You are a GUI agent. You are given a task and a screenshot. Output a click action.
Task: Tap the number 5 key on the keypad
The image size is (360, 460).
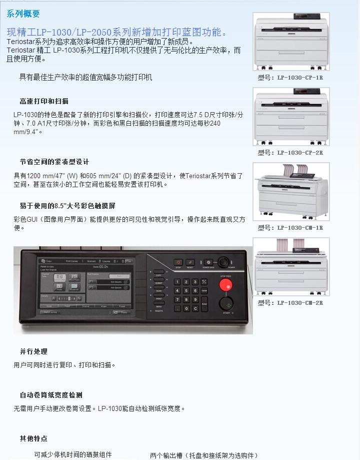coord(186,291)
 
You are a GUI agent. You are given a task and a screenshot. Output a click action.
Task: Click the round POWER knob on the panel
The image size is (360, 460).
coord(223,261)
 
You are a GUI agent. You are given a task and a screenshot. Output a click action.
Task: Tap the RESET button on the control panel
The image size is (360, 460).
coord(190,262)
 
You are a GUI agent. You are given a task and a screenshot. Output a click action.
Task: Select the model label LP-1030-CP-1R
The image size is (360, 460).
coord(290,78)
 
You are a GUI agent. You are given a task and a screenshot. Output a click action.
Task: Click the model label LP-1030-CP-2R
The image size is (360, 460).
coord(290,153)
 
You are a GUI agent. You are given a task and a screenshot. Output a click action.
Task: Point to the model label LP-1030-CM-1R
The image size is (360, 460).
coord(290,228)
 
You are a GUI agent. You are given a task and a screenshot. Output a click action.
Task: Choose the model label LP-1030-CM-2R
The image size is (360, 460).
coord(290,303)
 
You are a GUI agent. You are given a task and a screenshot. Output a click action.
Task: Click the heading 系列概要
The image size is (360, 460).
coord(23,14)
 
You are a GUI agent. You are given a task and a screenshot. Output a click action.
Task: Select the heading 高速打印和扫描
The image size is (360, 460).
coord(44,101)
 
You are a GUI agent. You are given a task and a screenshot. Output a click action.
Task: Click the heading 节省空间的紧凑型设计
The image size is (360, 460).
coord(54,162)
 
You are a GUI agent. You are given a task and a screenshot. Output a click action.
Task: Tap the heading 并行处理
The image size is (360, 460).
coord(33,352)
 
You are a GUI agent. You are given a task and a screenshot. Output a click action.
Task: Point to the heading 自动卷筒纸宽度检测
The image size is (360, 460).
coord(51,395)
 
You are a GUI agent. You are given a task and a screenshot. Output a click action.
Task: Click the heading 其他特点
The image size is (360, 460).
coord(33,438)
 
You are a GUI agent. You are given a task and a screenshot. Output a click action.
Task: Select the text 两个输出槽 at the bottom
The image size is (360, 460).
coord(166,455)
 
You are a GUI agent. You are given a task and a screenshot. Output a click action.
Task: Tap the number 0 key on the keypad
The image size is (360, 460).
coord(186,309)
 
